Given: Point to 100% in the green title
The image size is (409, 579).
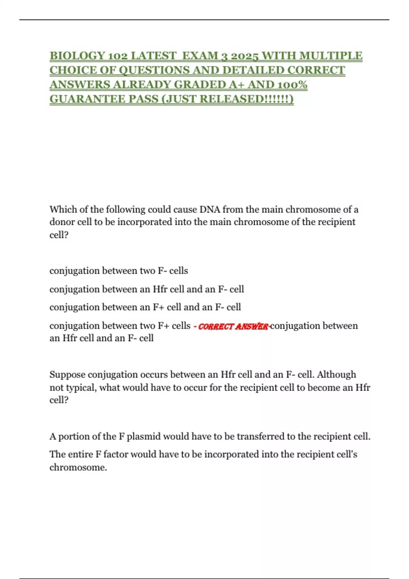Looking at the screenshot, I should [292, 84].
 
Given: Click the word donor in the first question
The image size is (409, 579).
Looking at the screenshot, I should [62, 222].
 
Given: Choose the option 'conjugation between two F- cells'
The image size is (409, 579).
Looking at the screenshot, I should [119, 271].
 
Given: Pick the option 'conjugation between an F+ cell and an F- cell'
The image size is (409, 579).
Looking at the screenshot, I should [145, 307].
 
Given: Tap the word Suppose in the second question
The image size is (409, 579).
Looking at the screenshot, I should [67, 375].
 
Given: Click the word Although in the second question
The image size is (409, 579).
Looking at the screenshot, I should [336, 375].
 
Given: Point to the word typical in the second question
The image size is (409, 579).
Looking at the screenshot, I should [80, 388].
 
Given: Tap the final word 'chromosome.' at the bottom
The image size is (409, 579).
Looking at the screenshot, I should [78, 467].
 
